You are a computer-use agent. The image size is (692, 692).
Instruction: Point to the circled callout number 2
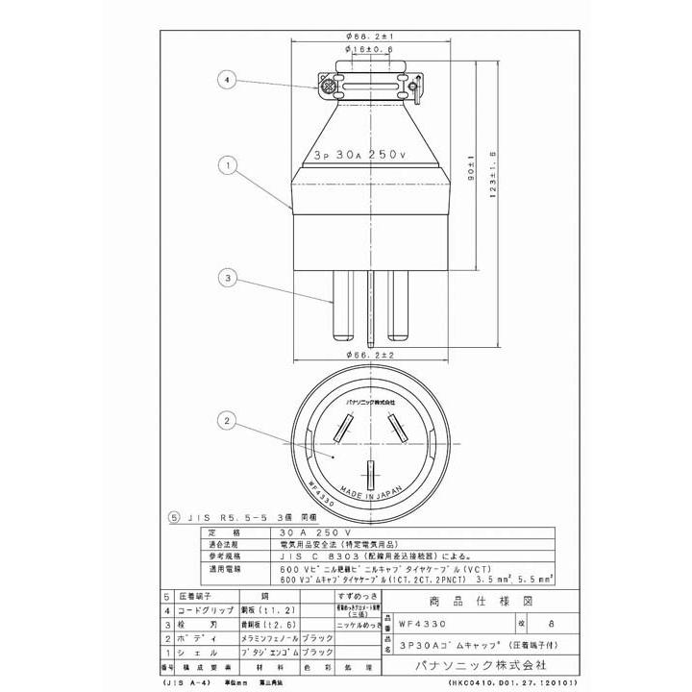click(x=227, y=420)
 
